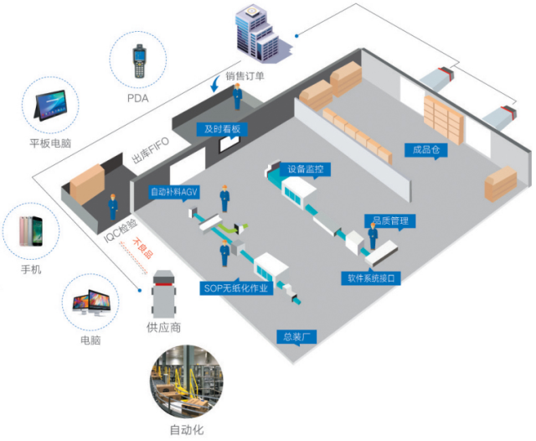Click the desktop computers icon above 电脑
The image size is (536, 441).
(x=89, y=304)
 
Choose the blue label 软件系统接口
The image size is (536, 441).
(x=369, y=278)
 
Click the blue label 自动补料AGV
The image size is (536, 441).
(x=175, y=191)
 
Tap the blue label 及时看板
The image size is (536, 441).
(x=223, y=129)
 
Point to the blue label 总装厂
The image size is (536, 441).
(x=296, y=337)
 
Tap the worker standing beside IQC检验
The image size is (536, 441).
(x=112, y=205)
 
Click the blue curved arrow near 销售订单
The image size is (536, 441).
(x=217, y=83)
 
